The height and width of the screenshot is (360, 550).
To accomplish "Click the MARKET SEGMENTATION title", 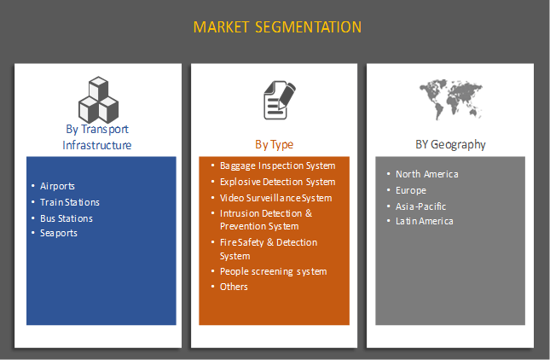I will click(x=277, y=27).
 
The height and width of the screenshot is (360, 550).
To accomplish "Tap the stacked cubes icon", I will click(x=97, y=100).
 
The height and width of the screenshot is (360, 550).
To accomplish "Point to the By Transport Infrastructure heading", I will click(x=97, y=137).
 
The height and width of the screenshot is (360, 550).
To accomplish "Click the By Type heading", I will click(x=274, y=144).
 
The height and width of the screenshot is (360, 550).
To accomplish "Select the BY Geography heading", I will click(x=449, y=144).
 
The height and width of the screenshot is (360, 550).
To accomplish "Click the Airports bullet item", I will click(x=58, y=186).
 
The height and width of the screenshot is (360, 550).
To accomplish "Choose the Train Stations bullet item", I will click(x=70, y=202).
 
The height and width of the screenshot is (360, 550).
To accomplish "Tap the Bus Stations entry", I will click(x=67, y=218).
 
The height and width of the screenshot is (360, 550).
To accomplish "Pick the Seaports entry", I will click(x=59, y=233).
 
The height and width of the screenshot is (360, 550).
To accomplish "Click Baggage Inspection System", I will click(x=277, y=165).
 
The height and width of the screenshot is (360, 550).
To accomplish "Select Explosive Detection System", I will click(x=277, y=182).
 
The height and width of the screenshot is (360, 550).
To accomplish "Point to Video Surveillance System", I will click(x=275, y=198).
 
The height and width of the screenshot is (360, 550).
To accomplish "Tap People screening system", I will click(x=273, y=271).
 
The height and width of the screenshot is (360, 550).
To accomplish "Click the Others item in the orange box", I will click(x=234, y=287).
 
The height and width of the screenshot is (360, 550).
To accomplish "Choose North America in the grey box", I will click(x=426, y=174).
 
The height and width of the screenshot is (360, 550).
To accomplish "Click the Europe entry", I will click(x=410, y=190).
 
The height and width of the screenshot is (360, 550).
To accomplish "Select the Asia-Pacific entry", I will click(x=420, y=206).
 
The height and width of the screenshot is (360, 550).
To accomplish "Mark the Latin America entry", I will click(x=424, y=221).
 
